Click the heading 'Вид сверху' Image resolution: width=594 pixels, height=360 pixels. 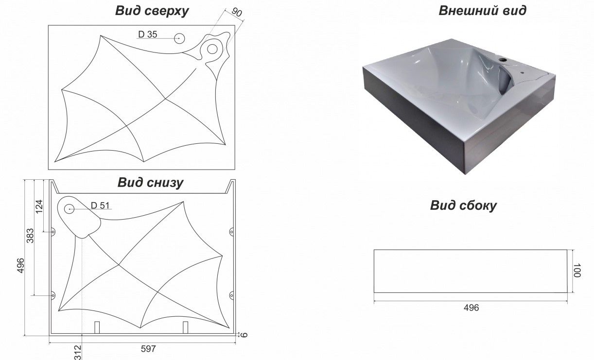[152, 11]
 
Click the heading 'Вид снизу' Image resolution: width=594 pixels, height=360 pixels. [150, 183]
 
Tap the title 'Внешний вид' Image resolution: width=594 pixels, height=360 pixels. [482, 11]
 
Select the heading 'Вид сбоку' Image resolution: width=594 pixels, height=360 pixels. [463, 206]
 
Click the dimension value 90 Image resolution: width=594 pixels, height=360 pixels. [237, 12]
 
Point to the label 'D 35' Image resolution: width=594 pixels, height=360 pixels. [147, 34]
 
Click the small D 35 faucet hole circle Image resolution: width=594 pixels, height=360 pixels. [179, 38]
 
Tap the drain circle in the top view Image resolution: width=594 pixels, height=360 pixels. [212, 49]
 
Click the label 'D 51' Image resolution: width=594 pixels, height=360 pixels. [100, 205]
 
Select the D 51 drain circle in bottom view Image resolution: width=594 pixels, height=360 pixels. [69, 209]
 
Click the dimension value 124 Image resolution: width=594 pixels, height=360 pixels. [39, 206]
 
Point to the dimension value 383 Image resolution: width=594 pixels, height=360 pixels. [30, 236]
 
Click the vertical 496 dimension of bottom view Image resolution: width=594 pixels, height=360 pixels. [20, 265]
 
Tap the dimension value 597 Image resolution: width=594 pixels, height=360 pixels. [148, 349]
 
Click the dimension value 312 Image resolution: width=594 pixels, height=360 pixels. [78, 352]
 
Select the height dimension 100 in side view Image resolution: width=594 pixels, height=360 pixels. [577, 270]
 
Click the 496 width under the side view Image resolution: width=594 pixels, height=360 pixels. [471, 308]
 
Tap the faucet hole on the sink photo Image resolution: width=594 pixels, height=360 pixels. [503, 59]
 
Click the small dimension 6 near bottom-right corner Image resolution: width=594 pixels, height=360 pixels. [244, 335]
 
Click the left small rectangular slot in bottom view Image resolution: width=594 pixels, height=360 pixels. [97, 327]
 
